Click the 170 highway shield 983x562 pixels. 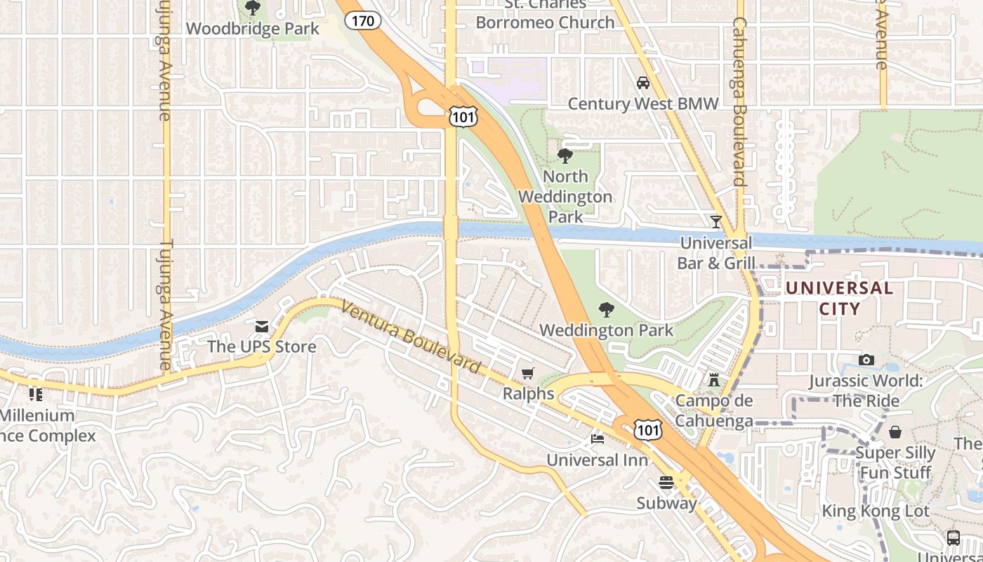point(363,20)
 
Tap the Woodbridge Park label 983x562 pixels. point(253,29)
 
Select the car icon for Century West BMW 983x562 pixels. point(642,83)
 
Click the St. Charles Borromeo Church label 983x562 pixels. point(545,14)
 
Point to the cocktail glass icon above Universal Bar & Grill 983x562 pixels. point(715,221)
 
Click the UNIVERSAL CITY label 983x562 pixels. point(839,298)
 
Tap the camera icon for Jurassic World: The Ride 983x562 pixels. point(866,360)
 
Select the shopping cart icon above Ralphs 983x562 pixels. point(528,373)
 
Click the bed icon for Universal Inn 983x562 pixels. point(597,440)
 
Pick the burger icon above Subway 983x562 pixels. point(666,482)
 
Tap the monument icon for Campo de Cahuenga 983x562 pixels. point(714,380)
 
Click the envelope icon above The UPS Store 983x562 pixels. point(262,326)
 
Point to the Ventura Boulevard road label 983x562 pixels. point(411,336)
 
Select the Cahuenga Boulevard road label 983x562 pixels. point(739,102)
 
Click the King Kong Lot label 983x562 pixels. point(875,511)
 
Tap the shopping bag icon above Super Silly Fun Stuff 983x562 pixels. point(895,431)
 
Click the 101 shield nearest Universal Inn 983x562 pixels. point(647,430)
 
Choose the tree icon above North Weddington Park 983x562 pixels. point(565,155)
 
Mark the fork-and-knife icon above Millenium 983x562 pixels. point(36,394)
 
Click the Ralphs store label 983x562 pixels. point(528,393)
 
